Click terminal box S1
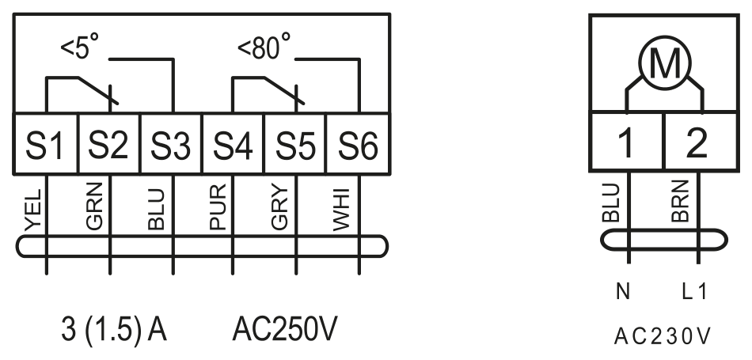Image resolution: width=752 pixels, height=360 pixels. (x=46, y=143)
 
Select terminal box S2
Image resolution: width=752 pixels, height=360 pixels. (x=109, y=143)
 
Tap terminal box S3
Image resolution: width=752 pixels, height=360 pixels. (x=171, y=143)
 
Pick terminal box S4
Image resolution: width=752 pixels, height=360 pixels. (x=233, y=143)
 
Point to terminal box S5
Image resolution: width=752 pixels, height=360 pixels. (x=295, y=143)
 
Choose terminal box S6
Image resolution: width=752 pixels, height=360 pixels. (x=358, y=143)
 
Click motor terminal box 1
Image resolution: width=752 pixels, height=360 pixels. (x=626, y=142)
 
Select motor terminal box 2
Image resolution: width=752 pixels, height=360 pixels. (x=701, y=142)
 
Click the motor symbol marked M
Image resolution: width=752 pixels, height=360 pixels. (x=665, y=63)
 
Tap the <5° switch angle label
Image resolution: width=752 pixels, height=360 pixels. (x=80, y=47)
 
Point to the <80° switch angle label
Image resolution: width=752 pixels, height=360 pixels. (x=264, y=47)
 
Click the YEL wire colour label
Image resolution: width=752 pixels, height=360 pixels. (x=33, y=210)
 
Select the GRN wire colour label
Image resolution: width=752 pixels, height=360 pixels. (x=94, y=207)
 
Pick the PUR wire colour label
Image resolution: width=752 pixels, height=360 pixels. (x=218, y=207)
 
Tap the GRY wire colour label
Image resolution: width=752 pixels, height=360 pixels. (x=280, y=207)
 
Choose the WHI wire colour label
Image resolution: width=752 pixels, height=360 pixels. (x=341, y=210)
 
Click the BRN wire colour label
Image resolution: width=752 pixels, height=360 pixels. (x=680, y=201)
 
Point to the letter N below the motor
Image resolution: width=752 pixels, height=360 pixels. (x=622, y=291)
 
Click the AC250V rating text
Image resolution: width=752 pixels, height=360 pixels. (x=285, y=329)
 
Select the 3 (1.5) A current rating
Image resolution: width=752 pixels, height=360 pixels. (x=114, y=330)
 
